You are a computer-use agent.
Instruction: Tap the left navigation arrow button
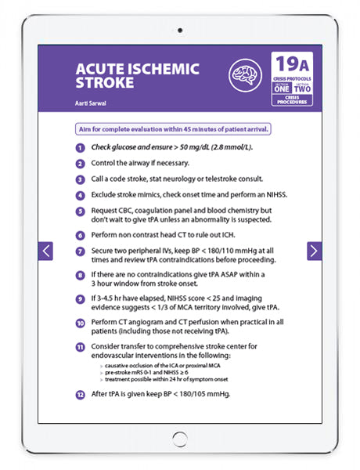coord(46,251)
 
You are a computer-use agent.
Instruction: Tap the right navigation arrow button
coord(313,251)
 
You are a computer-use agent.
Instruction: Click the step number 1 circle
coord(80,147)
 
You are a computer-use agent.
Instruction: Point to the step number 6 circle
coord(80,236)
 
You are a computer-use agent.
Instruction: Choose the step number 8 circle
coord(80,276)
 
